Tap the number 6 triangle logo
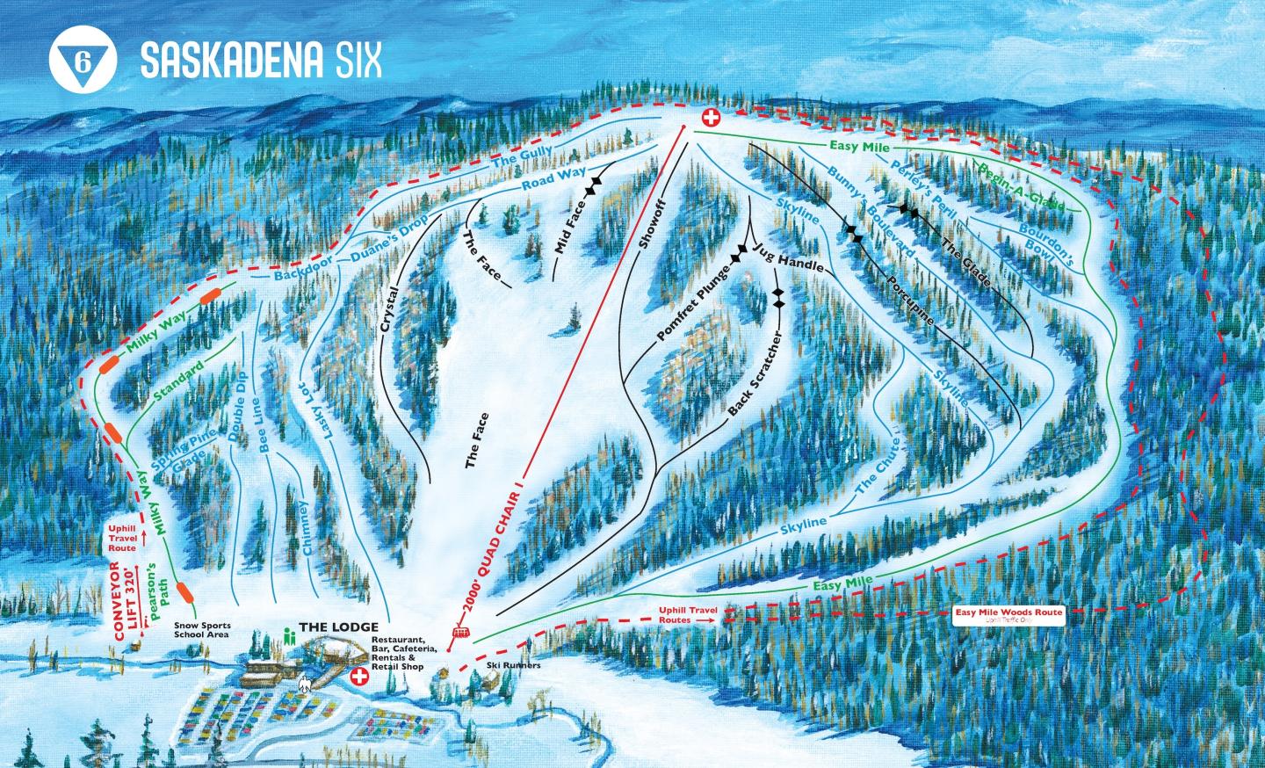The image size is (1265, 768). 83,61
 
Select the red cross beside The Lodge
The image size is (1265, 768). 359,677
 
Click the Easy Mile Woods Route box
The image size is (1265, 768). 1010,614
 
